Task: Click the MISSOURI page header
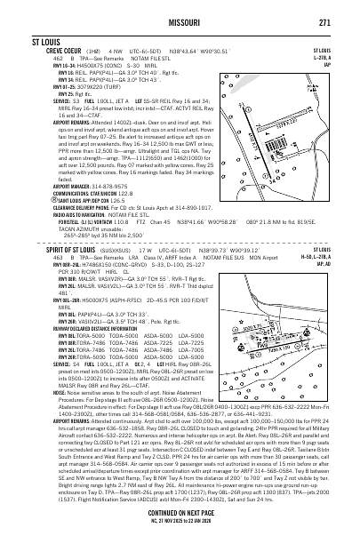[x=180, y=22]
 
